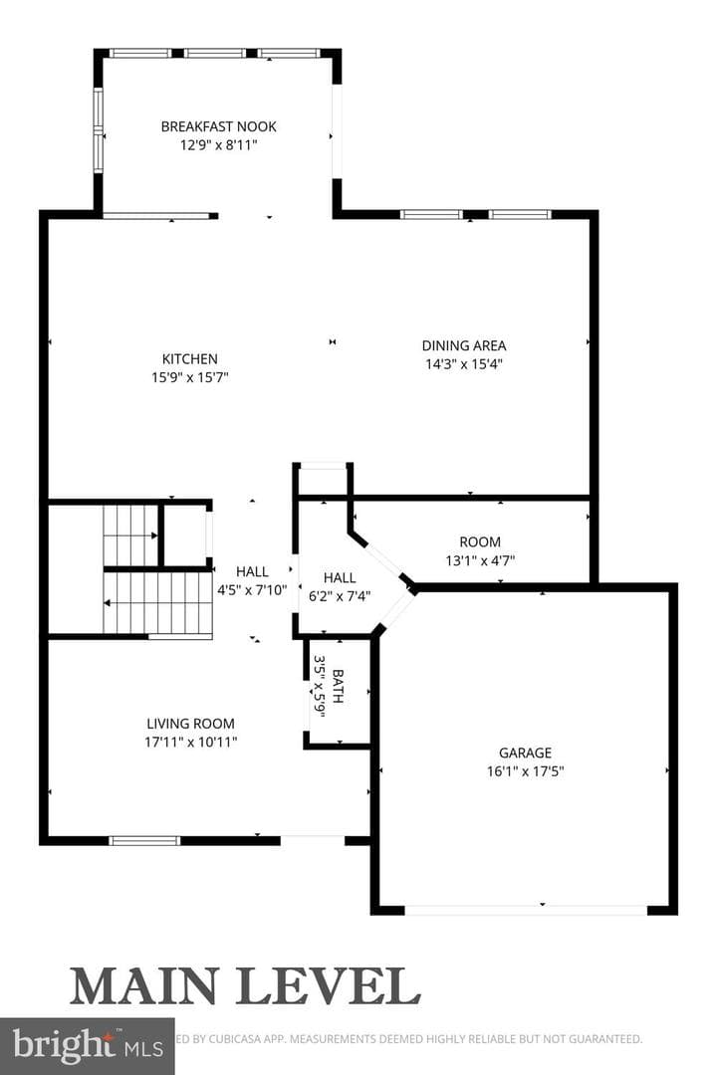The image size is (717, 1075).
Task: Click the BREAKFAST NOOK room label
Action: [218, 126]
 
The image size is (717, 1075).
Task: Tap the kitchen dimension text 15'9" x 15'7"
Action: [189, 377]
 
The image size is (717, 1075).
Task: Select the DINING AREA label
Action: [464, 345]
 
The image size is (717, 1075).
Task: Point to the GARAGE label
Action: [525, 752]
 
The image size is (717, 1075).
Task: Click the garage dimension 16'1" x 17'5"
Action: [525, 771]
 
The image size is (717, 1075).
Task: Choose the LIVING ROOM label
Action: [190, 724]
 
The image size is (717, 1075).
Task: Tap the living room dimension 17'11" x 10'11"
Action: [190, 742]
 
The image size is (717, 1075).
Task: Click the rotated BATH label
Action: [338, 687]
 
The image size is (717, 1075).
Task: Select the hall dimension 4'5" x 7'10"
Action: [252, 590]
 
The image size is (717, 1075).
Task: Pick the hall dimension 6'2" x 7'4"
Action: [340, 596]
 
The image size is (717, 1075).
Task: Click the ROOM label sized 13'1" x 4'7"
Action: [480, 542]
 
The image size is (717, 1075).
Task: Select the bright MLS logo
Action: [88, 1046]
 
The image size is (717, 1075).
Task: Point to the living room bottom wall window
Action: [144, 840]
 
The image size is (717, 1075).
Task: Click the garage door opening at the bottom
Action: [526, 910]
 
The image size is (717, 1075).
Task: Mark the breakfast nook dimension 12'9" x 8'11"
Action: [218, 144]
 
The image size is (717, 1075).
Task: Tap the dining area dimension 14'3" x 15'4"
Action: [464, 364]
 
